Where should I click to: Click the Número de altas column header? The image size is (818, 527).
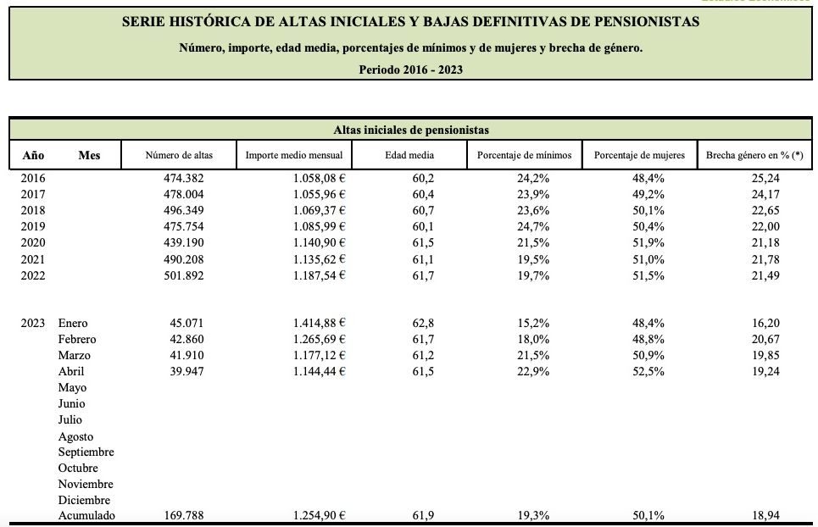(x=179, y=155)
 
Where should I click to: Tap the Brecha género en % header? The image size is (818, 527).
(x=754, y=155)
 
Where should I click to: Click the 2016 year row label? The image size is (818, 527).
(x=33, y=178)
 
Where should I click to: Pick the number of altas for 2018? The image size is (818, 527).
(x=184, y=210)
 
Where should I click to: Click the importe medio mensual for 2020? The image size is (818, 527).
(x=317, y=242)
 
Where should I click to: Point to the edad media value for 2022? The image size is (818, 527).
(x=423, y=275)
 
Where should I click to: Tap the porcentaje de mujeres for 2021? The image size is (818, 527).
(x=652, y=259)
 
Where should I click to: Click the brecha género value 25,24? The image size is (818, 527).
(x=765, y=178)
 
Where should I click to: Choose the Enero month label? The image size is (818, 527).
(x=73, y=323)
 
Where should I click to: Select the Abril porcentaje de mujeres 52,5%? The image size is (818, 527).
(x=652, y=371)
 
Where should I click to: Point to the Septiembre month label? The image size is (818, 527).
(x=86, y=452)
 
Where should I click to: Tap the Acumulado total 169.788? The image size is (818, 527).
(x=184, y=516)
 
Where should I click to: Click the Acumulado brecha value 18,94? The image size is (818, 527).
(x=765, y=516)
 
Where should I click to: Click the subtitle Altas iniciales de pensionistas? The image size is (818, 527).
(x=410, y=130)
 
